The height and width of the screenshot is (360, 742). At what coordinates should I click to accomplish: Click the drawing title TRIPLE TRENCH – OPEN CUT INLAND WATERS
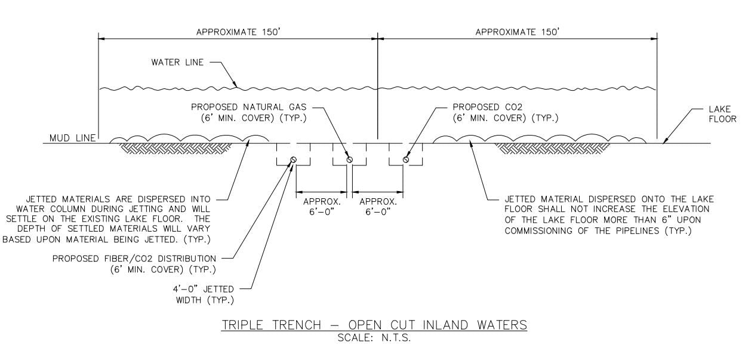click(x=374, y=325)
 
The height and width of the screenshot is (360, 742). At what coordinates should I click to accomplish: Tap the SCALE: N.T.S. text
click(x=374, y=336)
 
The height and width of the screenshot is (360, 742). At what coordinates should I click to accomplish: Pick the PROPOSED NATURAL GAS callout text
click(x=248, y=112)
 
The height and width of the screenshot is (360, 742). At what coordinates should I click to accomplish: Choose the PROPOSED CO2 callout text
click(x=505, y=112)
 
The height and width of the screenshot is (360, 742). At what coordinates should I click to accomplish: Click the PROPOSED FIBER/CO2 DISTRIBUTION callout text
click(x=134, y=264)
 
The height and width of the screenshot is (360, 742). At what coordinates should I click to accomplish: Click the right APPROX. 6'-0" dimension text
click(x=378, y=207)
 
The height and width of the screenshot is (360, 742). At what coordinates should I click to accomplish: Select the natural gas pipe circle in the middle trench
click(x=350, y=159)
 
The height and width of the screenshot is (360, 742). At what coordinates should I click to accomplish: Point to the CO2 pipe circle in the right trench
click(x=406, y=159)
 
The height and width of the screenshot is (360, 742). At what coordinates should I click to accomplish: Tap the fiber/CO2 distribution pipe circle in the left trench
click(x=294, y=159)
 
